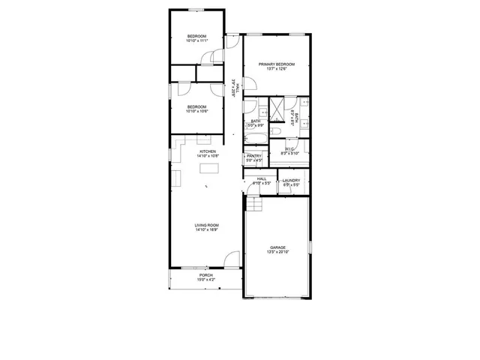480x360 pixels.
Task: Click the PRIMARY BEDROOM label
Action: point(276,64)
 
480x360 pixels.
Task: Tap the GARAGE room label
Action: point(278,247)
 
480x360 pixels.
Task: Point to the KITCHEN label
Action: point(208,151)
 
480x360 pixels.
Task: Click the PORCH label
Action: point(205,275)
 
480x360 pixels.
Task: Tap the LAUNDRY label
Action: point(291,180)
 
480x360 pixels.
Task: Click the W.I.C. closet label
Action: point(289,148)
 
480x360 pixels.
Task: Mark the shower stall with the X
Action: point(277,109)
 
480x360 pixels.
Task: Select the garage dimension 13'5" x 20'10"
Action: point(278,252)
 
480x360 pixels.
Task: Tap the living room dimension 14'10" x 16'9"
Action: point(206,229)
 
